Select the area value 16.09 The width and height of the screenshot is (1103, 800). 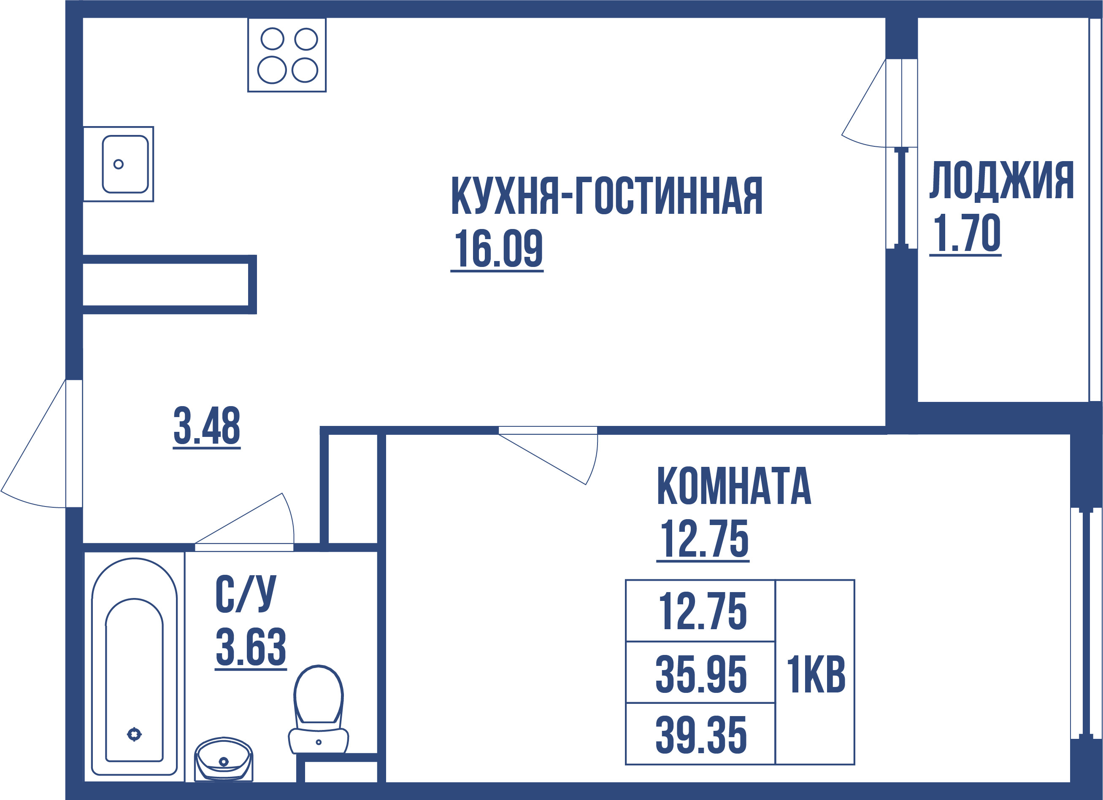click(x=497, y=249)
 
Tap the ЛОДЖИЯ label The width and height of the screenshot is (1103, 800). click(x=1001, y=180)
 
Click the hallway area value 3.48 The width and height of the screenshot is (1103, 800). click(x=207, y=426)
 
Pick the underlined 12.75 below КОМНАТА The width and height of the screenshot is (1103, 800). click(x=704, y=539)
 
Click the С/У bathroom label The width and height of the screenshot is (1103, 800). click(x=246, y=594)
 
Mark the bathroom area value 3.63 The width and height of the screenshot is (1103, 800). click(x=251, y=648)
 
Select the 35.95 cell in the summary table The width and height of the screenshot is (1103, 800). click(x=701, y=674)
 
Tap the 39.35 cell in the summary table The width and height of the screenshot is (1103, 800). click(x=701, y=735)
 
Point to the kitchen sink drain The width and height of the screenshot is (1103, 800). click(x=118, y=164)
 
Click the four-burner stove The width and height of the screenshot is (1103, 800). click(x=287, y=55)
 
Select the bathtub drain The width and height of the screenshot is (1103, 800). click(x=134, y=734)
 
